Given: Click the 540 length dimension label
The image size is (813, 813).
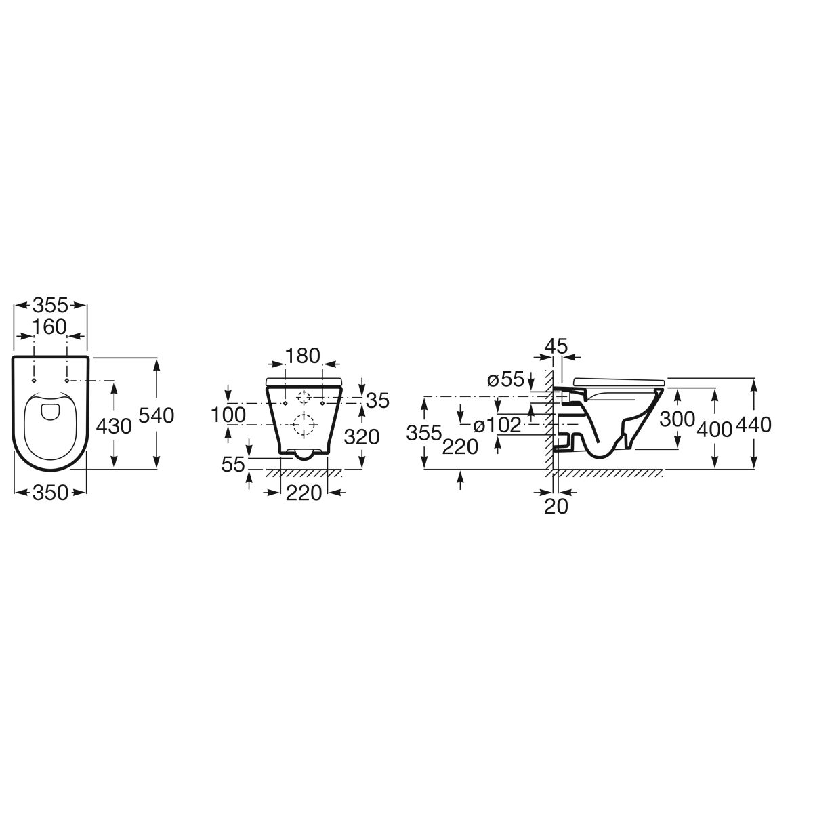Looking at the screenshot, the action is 157,415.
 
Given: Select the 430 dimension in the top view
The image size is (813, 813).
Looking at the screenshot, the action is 114,427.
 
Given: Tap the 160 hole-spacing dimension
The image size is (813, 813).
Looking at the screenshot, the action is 49,327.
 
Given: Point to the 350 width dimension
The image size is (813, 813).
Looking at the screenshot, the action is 49,493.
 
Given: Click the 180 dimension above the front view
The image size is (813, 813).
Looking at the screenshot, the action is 303,356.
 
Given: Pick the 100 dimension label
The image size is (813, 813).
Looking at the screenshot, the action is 228,415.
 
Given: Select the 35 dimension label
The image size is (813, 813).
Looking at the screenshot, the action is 377,401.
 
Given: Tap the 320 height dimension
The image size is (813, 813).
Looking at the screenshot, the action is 362,437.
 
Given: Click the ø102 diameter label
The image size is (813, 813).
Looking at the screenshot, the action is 497,425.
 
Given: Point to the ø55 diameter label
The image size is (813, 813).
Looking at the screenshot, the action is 505,379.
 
